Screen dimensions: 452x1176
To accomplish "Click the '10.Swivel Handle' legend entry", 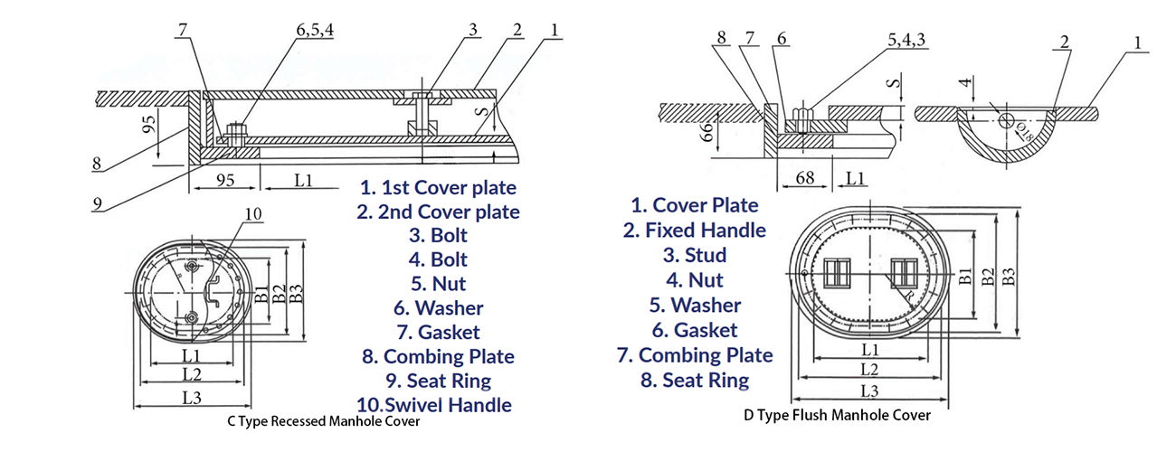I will (435, 404).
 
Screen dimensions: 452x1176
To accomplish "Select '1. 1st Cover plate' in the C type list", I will (438, 188).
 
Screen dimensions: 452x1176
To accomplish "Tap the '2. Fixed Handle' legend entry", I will (694, 231).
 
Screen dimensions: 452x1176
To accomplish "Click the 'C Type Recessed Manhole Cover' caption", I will (323, 421).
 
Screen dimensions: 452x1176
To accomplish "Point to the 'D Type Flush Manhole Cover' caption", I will (837, 416).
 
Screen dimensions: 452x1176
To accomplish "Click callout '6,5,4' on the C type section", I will (314, 30).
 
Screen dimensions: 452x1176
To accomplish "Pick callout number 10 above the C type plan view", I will (254, 213).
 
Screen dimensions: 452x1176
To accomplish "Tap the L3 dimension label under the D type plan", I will (869, 391).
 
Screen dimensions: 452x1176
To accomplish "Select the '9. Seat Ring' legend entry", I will (438, 381).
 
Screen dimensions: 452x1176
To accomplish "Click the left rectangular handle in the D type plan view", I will (838, 272).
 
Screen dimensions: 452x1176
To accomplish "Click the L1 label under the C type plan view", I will (191, 355).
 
